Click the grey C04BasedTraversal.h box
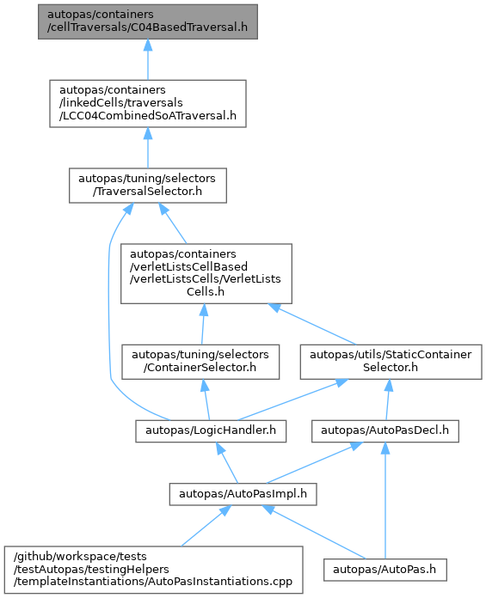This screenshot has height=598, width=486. (148, 21)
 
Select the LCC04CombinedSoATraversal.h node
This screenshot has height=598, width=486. (148, 104)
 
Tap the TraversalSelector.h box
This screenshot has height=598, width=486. (148, 186)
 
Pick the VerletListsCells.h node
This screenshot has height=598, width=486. (206, 274)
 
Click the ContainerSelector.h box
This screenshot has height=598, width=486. (200, 362)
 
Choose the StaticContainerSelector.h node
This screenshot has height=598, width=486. (391, 362)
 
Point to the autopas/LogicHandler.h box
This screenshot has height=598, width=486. (211, 431)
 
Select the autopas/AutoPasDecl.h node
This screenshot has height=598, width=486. (385, 431)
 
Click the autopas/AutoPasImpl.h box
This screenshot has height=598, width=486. (243, 495)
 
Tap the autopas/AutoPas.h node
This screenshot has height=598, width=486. (385, 571)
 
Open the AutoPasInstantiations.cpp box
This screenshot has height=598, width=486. (154, 570)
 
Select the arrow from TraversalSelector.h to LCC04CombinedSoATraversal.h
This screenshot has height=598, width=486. (148, 148)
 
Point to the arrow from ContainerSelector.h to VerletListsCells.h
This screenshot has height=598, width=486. (203, 324)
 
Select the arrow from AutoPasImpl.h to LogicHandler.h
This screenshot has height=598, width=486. (227, 463)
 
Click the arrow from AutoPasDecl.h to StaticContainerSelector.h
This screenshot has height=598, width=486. (388, 400)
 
